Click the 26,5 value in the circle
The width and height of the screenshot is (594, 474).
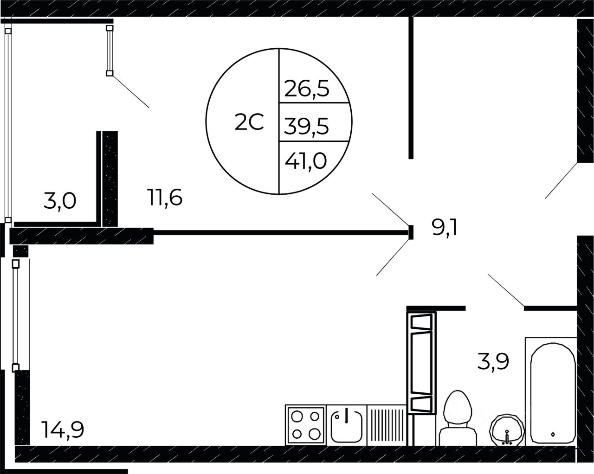pos(307,89)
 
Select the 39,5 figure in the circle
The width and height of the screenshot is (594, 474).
pos(307,126)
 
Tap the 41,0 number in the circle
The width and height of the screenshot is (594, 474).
pos(305,161)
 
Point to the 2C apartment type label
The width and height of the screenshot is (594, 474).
pos(249,122)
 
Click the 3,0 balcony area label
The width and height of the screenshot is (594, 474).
pos(60,201)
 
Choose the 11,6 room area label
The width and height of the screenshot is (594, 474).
pos(165,197)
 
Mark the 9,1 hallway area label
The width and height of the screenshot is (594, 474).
pos(445,228)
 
